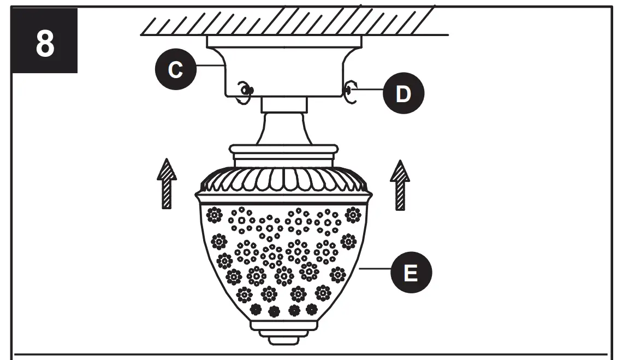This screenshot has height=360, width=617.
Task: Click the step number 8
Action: [x=45, y=44]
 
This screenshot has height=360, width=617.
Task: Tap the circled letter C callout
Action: [x=176, y=69]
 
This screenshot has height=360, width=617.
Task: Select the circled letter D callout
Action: [x=402, y=93]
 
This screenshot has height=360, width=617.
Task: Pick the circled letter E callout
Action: [x=410, y=272]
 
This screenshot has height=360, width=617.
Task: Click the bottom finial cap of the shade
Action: [x=284, y=336]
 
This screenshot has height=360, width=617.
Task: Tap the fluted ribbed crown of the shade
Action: [x=284, y=180]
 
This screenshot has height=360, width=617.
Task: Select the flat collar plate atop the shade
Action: [x=284, y=149]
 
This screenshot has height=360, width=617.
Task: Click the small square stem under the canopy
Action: [x=284, y=104]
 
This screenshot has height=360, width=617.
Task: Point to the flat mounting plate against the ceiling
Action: [x=284, y=42]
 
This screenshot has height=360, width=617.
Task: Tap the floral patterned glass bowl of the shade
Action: [x=284, y=257]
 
